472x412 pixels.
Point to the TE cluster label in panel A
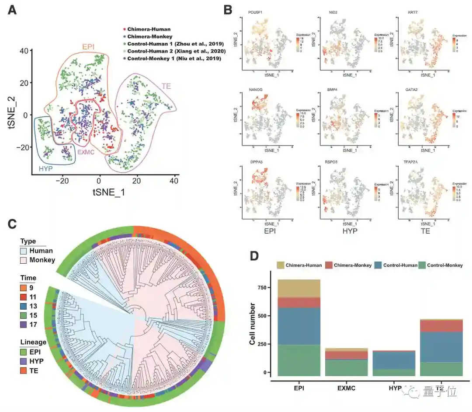(x=166, y=86)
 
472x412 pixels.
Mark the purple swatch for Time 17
(x=24, y=324)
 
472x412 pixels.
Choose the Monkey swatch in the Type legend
(x=25, y=260)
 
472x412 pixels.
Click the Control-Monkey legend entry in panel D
(x=441, y=265)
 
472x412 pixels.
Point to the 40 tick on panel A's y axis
(x=24, y=51)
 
